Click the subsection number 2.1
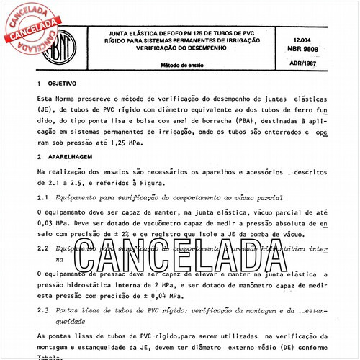coord(42,197)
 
